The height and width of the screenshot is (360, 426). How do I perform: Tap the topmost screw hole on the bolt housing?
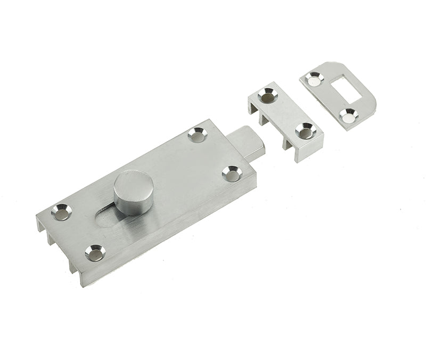[x=197, y=136]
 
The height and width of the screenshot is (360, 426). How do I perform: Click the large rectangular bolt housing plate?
[x=160, y=176]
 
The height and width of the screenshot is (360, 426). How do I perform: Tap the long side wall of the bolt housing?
[x=176, y=234]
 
